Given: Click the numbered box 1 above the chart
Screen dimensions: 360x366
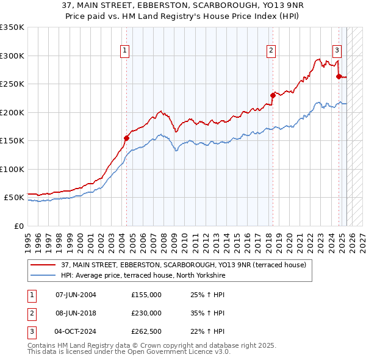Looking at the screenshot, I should click(124, 51).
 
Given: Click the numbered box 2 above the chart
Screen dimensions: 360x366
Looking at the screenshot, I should click(271, 51).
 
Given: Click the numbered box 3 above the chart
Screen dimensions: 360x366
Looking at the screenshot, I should click(337, 51).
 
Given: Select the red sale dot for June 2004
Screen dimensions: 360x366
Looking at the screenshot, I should click(126, 138).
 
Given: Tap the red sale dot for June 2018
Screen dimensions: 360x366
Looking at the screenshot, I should click(273, 95).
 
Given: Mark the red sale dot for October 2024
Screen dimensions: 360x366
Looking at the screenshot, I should click(339, 76).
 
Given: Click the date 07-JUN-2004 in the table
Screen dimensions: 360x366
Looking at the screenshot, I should click(76, 295).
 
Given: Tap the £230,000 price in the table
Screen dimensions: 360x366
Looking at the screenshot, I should click(146, 313).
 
